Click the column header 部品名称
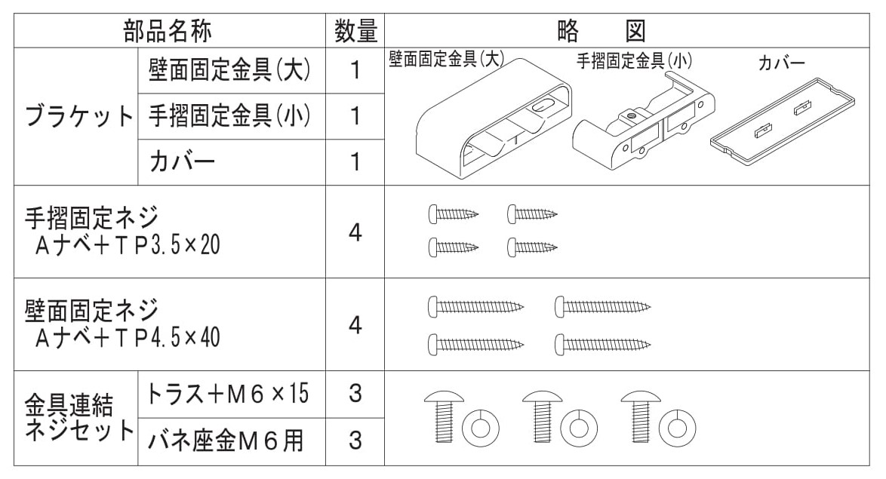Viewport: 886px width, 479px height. coord(168,31)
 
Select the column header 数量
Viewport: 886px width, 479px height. coord(355,31)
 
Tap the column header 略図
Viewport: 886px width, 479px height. coord(602,31)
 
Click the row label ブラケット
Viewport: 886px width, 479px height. coord(78,117)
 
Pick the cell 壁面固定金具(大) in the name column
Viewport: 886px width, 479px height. coord(231,71)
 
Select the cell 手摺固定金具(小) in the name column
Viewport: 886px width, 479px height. coord(231,116)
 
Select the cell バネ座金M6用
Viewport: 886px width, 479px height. coord(226,441)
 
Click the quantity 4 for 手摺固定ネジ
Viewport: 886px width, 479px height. coord(355,233)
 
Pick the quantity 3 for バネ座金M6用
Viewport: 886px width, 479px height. coord(355,441)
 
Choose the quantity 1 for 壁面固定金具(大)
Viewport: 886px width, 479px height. coord(355,71)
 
